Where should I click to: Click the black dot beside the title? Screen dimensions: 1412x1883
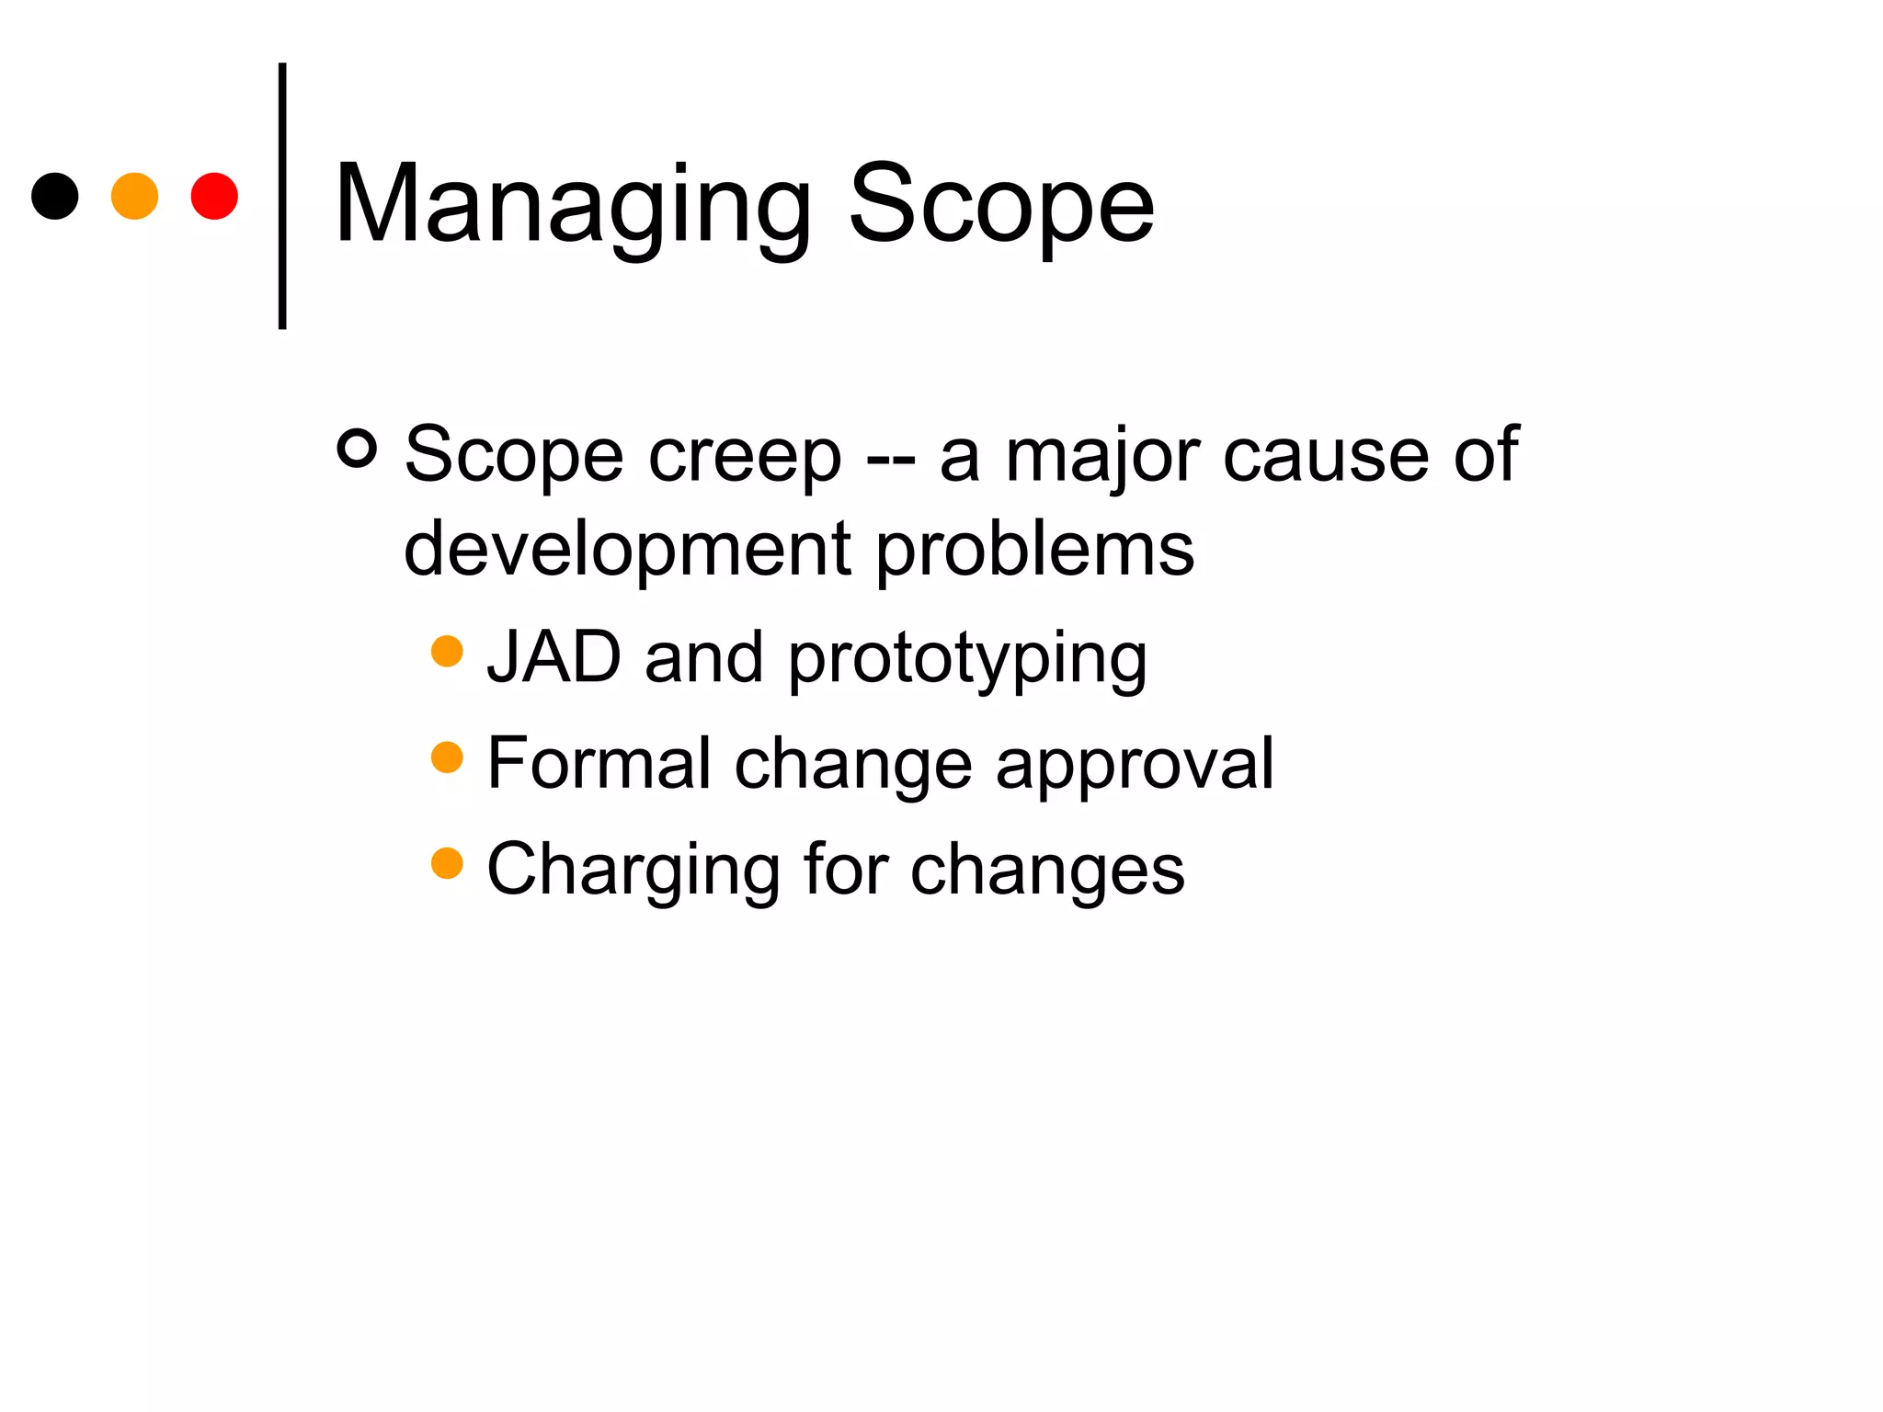coord(55,196)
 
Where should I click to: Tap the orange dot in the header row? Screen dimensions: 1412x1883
coord(134,196)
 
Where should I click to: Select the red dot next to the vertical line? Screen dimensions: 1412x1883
coord(214,196)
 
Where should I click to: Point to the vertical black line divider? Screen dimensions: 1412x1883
coord(282,196)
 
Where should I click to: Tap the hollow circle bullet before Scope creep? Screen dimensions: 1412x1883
coord(357,449)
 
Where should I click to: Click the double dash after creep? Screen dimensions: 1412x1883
coord(890,458)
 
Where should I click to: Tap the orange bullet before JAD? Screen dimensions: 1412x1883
coord(447,651)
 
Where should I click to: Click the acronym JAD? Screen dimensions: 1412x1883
coord(553,657)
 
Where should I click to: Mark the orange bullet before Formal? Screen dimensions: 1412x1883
coord(447,757)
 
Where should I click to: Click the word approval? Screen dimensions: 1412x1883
coord(1135,765)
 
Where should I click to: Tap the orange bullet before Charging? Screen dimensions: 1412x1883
coord(447,863)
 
